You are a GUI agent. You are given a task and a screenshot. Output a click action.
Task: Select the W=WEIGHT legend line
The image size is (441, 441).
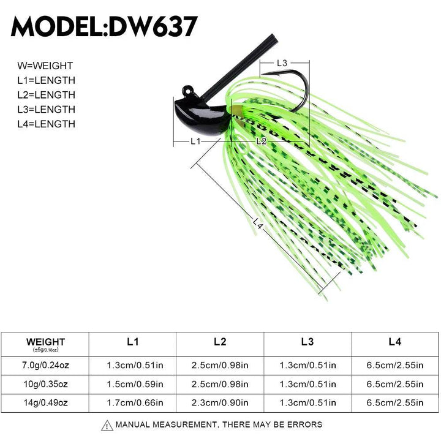point(45,66)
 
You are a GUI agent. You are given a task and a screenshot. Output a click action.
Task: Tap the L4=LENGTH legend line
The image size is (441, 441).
point(46,124)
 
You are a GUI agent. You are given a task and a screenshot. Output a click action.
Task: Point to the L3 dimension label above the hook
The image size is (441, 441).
point(282,62)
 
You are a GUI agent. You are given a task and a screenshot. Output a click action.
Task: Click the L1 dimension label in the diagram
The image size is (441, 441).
point(195,141)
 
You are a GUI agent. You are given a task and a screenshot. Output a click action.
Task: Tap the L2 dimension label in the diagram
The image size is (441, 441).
point(261,141)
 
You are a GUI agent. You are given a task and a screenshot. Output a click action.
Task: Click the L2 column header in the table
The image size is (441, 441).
point(220,342)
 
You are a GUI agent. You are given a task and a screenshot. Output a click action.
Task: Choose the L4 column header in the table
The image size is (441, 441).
point(395,342)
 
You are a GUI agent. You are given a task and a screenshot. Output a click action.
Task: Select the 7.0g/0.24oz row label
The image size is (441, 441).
point(46,366)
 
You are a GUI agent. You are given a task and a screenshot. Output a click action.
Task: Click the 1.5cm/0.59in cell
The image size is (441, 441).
point(133,384)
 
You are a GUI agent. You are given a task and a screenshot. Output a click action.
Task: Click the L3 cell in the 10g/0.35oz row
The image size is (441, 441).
point(307,384)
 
